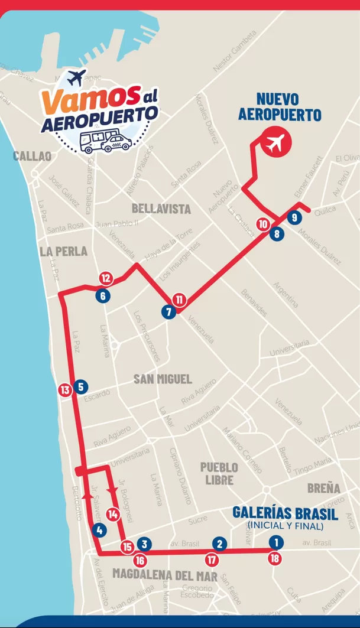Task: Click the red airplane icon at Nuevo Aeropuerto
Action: point(276,142)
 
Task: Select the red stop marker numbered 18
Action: point(275,558)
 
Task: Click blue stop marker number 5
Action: point(81,387)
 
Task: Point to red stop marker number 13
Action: point(65,390)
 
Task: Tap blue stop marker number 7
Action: point(169,313)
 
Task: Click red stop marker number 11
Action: point(180,300)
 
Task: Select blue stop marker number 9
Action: point(294,217)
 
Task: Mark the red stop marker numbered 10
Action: point(263,224)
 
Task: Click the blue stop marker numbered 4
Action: point(99,530)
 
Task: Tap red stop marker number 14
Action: point(113,514)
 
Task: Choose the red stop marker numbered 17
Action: point(212,558)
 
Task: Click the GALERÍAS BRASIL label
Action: point(286,513)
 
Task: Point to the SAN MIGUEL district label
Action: point(163,379)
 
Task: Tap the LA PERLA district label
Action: point(63,251)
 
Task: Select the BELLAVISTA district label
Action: point(161,209)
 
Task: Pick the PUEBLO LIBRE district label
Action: point(219,473)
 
